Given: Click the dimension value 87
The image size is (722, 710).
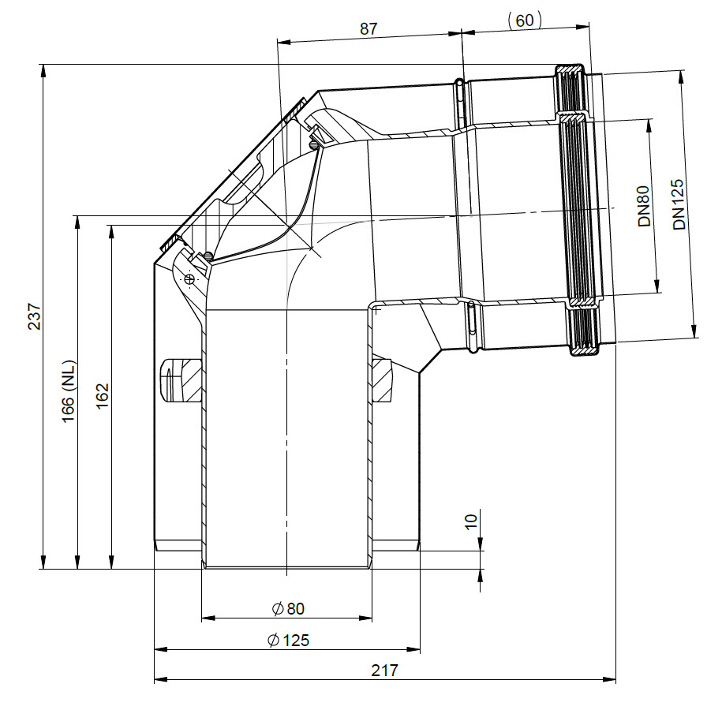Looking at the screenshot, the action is point(368,29).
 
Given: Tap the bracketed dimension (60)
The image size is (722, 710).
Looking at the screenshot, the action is point(525,21).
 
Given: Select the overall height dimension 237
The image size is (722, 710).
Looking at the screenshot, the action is point(35,316).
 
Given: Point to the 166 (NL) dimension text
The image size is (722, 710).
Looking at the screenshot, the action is point(68,391).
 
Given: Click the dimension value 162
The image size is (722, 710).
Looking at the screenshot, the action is point(102,395).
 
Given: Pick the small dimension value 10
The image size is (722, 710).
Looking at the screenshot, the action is point(470,521).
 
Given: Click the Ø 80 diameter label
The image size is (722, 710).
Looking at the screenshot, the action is point(288,609).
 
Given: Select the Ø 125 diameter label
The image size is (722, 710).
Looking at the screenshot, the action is point(288,640).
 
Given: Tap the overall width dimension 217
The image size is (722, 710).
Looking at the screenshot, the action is point(384,671).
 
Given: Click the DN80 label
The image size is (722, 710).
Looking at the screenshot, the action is point(644,206).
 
